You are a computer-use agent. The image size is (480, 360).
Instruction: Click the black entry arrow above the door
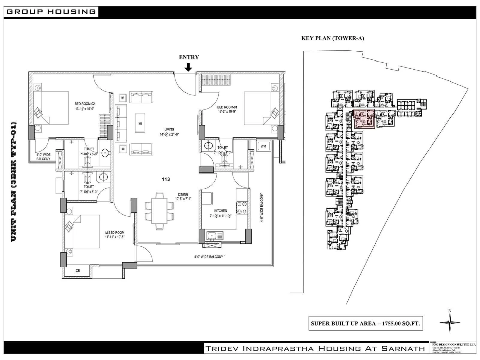(188, 67)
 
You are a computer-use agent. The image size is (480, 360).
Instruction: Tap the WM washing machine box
(263, 146)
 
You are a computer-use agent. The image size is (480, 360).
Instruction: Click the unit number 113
(166, 179)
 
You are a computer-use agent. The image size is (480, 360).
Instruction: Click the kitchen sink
(215, 236)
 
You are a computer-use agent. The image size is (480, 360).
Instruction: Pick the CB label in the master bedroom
(78, 271)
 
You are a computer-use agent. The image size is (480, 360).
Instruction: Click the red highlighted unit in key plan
(364, 119)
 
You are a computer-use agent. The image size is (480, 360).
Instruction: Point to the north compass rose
(450, 322)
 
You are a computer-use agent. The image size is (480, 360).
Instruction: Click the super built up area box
(365, 323)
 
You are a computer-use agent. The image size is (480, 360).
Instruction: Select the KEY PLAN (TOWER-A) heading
(332, 38)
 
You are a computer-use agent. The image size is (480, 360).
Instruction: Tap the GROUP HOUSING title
(51, 12)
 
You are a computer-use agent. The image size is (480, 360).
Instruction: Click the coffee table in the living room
(140, 122)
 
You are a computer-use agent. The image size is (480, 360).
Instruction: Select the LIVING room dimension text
(169, 134)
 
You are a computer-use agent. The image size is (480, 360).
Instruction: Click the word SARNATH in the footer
(403, 348)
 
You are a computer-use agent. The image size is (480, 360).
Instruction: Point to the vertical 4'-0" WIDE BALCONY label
(262, 208)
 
